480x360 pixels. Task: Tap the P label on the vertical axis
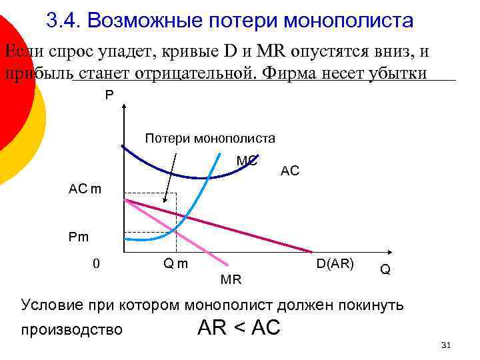[x=109, y=95]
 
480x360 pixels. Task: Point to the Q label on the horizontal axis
[x=385, y=269]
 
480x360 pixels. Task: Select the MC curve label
[x=247, y=161]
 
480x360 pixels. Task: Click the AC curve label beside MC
[x=290, y=171]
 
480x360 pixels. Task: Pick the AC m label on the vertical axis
[x=85, y=189]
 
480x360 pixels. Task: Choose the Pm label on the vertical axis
[x=78, y=236]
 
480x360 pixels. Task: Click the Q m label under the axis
[x=175, y=263]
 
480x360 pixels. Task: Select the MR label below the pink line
[x=231, y=279]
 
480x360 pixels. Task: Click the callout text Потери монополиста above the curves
[x=209, y=139]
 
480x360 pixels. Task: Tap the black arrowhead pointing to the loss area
[x=165, y=198]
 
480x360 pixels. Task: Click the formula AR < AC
[x=239, y=327]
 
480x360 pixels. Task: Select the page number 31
[x=447, y=345]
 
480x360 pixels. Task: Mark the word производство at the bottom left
[x=71, y=329]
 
